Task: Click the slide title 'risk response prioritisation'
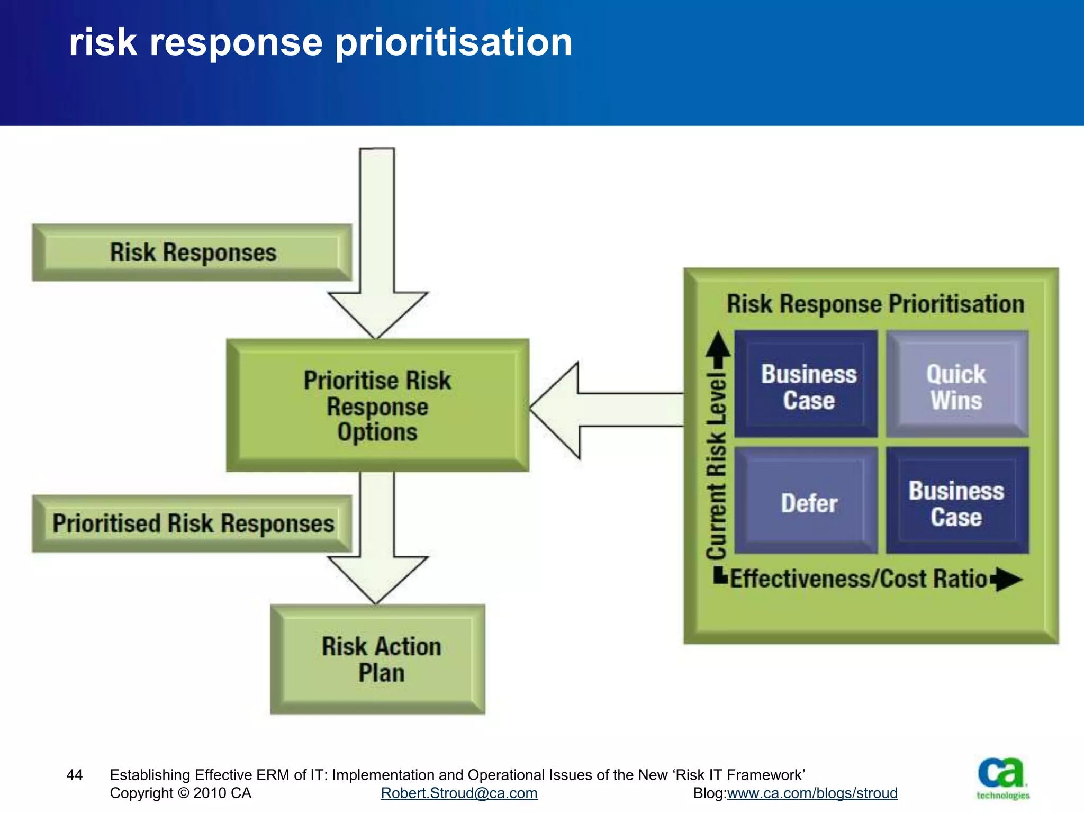[x=320, y=42]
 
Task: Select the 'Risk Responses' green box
[x=192, y=252]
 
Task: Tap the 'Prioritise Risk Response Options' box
[x=377, y=405]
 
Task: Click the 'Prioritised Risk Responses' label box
[x=192, y=523]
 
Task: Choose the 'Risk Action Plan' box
[x=377, y=660]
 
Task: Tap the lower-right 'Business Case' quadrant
[x=957, y=501]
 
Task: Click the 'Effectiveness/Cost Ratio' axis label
[x=859, y=579]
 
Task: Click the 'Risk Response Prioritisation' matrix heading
[x=875, y=304]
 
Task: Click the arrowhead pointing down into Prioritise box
[x=377, y=312]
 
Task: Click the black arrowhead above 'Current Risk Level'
[x=718, y=347]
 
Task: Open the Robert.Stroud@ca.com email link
[x=459, y=793]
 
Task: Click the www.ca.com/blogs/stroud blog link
[x=812, y=793]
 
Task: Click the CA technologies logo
[x=1002, y=779]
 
